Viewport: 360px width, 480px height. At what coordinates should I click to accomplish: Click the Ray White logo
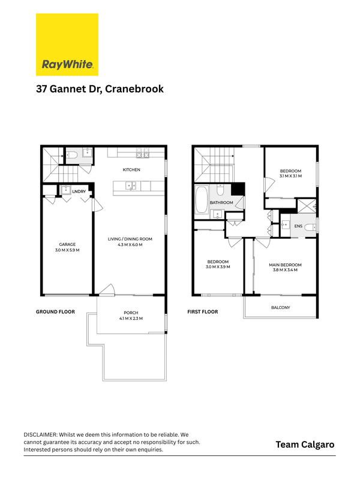click(x=67, y=44)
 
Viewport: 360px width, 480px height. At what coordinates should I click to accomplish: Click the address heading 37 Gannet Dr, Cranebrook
click(x=100, y=89)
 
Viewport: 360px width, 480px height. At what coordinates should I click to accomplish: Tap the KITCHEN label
click(x=131, y=170)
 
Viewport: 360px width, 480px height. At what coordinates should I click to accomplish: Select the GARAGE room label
click(x=67, y=244)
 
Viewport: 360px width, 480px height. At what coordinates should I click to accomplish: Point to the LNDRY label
click(x=79, y=191)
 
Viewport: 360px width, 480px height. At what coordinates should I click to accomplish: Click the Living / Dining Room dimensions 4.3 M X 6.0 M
click(x=130, y=245)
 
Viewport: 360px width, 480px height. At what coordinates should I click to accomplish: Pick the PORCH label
click(x=131, y=313)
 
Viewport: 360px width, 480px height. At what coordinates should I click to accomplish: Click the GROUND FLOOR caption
click(x=55, y=311)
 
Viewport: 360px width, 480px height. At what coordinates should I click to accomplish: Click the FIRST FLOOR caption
click(x=203, y=311)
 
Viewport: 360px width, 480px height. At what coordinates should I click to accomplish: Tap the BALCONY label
click(x=280, y=307)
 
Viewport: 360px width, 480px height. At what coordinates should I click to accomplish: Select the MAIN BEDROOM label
click(x=285, y=265)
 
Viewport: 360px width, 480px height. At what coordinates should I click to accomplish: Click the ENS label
click(x=298, y=226)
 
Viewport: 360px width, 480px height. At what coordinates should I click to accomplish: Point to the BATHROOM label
click(x=221, y=203)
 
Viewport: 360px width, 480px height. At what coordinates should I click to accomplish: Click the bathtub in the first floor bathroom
click(x=202, y=199)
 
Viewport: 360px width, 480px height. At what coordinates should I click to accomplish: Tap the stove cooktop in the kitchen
click(x=143, y=153)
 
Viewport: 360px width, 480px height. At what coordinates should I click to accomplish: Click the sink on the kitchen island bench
click(x=131, y=186)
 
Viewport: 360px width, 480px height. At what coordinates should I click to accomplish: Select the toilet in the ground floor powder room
click(x=71, y=155)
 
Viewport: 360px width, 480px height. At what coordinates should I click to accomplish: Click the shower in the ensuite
click(x=307, y=206)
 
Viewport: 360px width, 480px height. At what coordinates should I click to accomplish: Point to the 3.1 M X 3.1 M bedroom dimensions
click(x=290, y=176)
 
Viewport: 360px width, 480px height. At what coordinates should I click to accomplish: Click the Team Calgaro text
click(x=305, y=445)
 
